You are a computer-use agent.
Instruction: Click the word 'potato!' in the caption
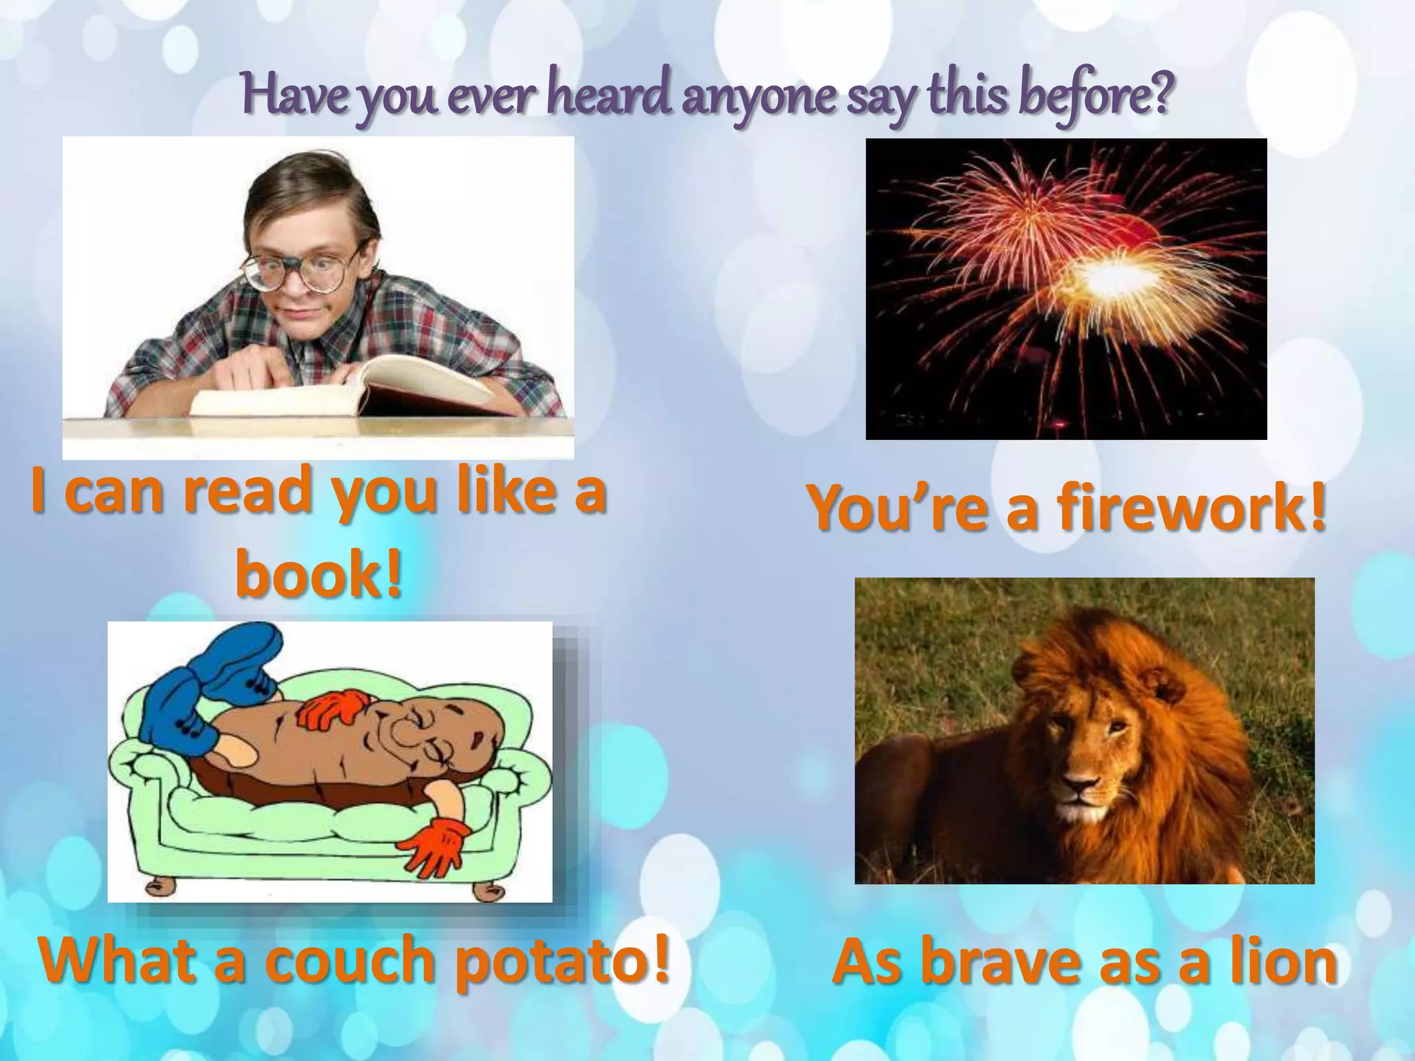562,960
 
